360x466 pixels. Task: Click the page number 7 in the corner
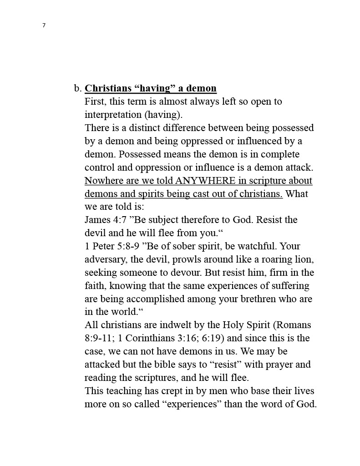pos(44,25)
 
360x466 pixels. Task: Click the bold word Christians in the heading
pos(107,88)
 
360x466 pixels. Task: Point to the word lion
pos(305,259)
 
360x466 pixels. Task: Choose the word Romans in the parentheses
pos(294,325)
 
